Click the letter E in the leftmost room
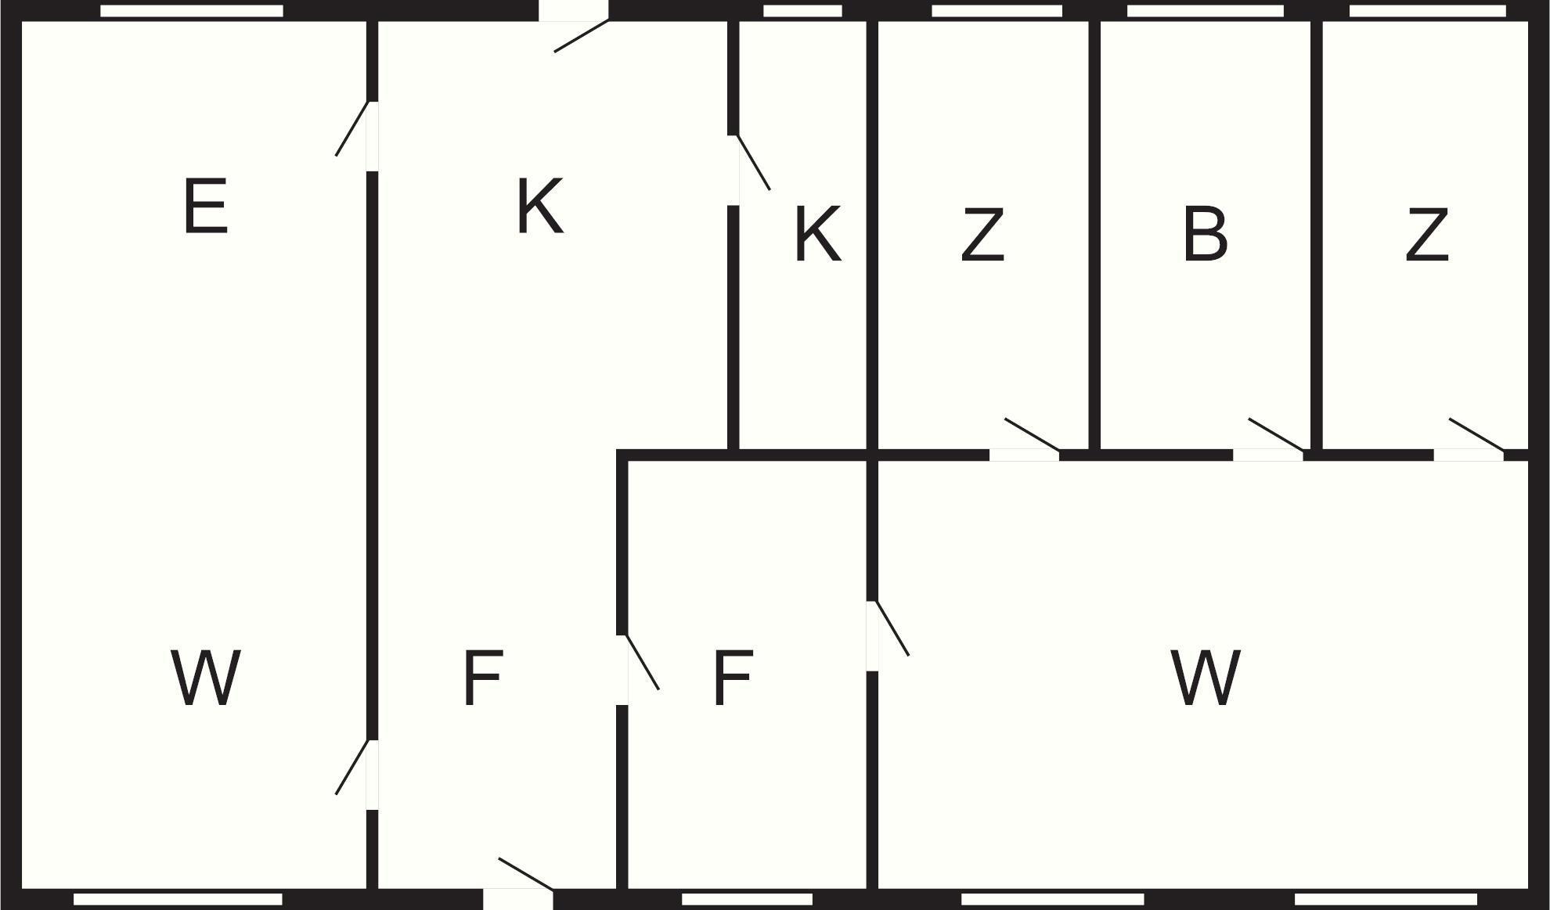pyautogui.click(x=206, y=207)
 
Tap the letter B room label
pyautogui.click(x=1205, y=234)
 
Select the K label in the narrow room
pyautogui.click(x=817, y=234)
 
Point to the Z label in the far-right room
pyautogui.click(x=1427, y=234)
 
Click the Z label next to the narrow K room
pyautogui.click(x=982, y=234)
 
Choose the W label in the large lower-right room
pyautogui.click(x=1205, y=678)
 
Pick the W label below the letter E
pyautogui.click(x=205, y=678)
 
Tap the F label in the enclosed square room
pyautogui.click(x=733, y=678)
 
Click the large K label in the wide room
pyautogui.click(x=540, y=207)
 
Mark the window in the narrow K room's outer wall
pyautogui.click(x=802, y=11)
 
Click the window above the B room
pyautogui.click(x=1205, y=11)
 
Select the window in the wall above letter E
pyautogui.click(x=192, y=11)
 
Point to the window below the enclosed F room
pyautogui.click(x=747, y=899)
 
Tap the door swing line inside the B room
pyautogui.click(x=1276, y=435)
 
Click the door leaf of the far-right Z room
pyautogui.click(x=1476, y=435)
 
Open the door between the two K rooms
pyautogui.click(x=753, y=163)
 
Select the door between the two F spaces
pyautogui.click(x=642, y=662)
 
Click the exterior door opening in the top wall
pyautogui.click(x=574, y=11)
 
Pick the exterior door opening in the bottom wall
pyautogui.click(x=517, y=899)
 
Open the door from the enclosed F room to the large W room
pyautogui.click(x=892, y=628)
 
